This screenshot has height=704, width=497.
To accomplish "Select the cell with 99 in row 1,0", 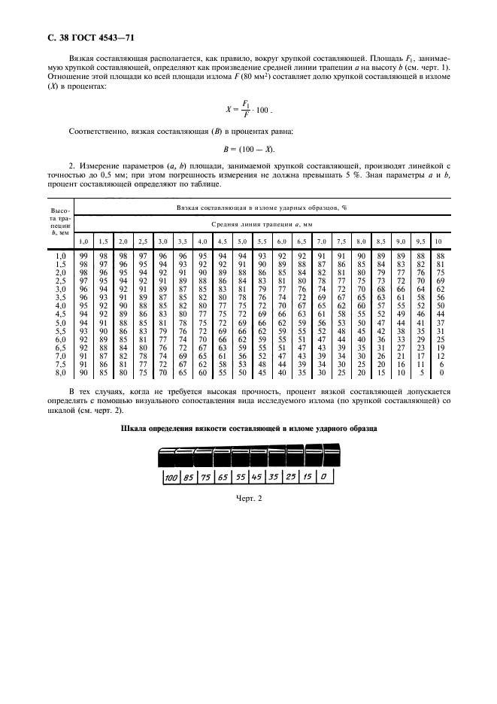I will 83,256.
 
